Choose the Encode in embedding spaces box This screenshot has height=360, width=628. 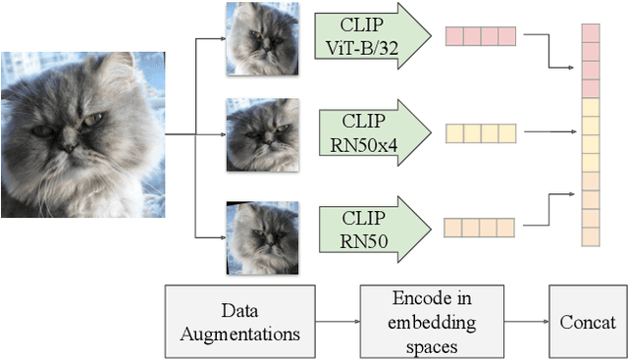(x=432, y=321)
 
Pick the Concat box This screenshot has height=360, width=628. (x=588, y=321)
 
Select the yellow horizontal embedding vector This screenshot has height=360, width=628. (x=480, y=132)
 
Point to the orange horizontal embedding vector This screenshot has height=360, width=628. (x=480, y=228)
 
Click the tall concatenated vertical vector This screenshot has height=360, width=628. (x=591, y=135)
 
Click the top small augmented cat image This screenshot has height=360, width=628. (x=256, y=38)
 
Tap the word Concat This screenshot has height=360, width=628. (x=588, y=322)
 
